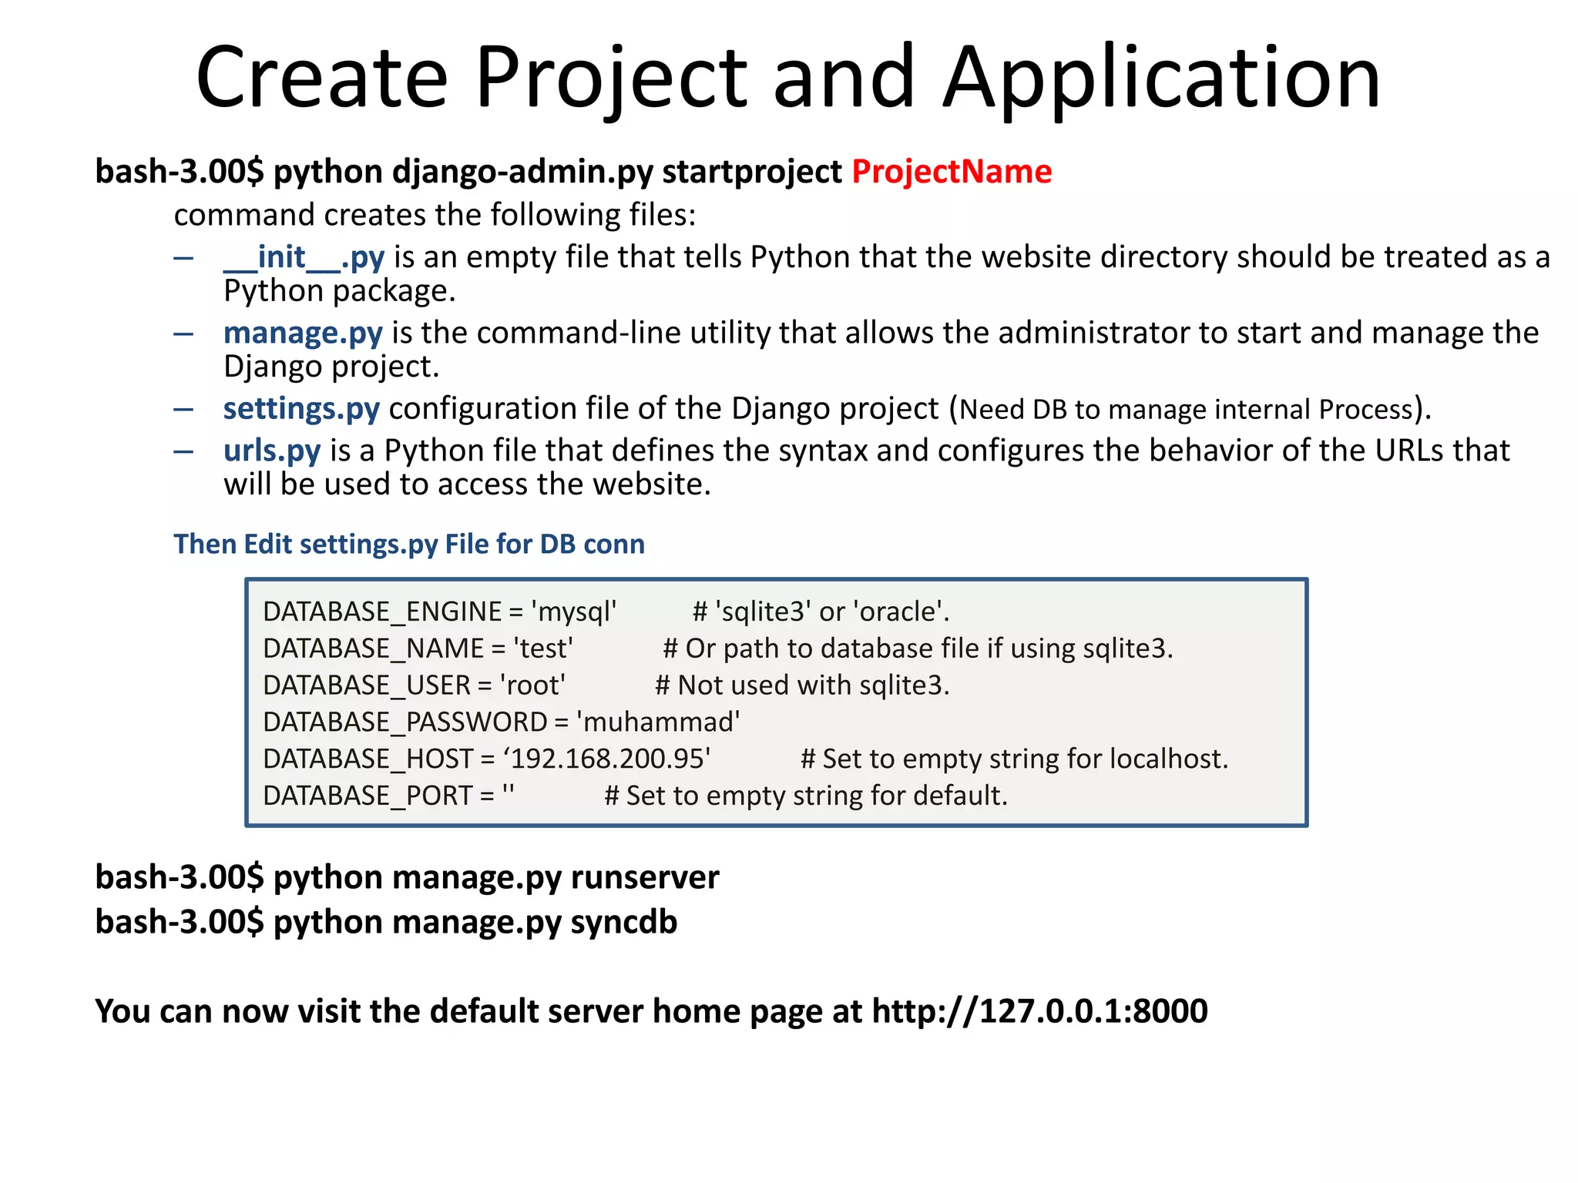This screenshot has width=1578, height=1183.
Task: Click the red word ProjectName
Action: tap(951, 171)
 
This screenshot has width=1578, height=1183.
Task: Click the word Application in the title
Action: tap(1162, 77)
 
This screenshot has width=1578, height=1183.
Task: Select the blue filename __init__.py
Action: tap(304, 257)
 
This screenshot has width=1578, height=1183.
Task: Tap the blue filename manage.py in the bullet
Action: tap(303, 333)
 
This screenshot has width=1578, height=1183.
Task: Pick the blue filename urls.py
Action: tap(272, 451)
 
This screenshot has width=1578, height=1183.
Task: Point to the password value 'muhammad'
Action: tap(658, 722)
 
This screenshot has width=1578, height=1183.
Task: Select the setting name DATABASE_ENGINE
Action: tap(382, 612)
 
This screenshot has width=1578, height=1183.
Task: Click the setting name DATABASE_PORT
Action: tap(368, 796)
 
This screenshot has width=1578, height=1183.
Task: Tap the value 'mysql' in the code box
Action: tap(574, 612)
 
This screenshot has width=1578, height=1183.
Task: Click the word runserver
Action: tap(645, 877)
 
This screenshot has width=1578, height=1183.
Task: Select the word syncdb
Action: tap(623, 922)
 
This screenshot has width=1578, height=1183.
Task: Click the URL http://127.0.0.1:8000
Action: tap(1039, 1011)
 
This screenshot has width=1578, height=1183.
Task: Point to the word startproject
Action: tap(752, 171)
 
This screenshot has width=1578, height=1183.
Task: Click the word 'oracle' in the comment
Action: tap(900, 612)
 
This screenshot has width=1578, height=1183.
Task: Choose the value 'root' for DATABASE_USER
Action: tap(532, 685)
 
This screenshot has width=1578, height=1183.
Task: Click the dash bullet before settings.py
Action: tap(183, 409)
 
